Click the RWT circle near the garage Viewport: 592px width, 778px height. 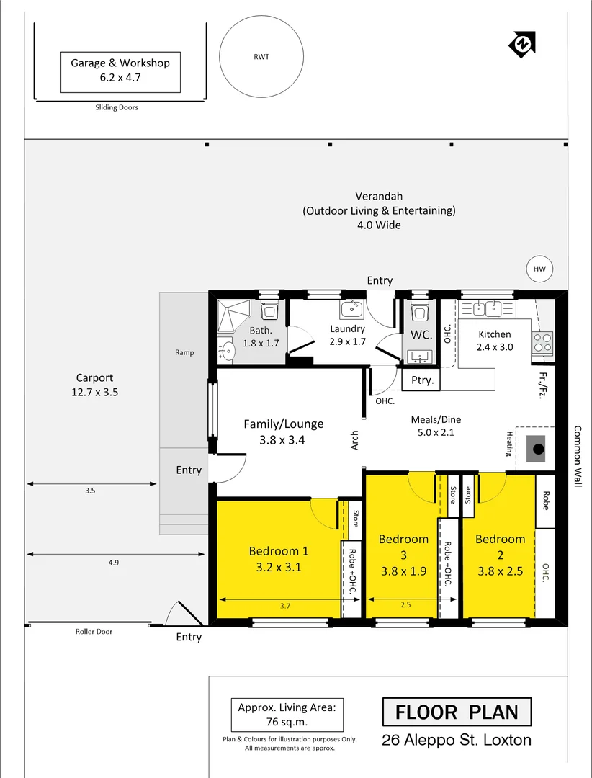pos(261,58)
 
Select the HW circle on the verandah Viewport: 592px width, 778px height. pos(539,269)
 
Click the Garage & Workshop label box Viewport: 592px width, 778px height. pos(120,71)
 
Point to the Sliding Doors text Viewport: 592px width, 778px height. pos(116,108)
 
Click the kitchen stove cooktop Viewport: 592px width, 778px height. pos(542,342)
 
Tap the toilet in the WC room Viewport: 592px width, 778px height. pos(419,312)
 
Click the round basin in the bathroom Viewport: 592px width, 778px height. pos(228,352)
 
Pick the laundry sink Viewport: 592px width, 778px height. pos(351,310)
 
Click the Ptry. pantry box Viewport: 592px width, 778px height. pos(422,380)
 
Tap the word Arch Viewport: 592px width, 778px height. pos(355,440)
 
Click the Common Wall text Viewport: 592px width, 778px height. pos(577,456)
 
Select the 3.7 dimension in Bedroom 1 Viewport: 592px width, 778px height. pos(285,607)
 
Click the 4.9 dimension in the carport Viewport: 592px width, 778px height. pos(114,563)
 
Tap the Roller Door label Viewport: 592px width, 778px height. pos(94,632)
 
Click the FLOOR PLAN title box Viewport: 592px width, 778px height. pos(457,712)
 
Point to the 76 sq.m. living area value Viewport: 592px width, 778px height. pos(287,721)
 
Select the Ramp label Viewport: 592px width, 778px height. pos(184,353)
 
